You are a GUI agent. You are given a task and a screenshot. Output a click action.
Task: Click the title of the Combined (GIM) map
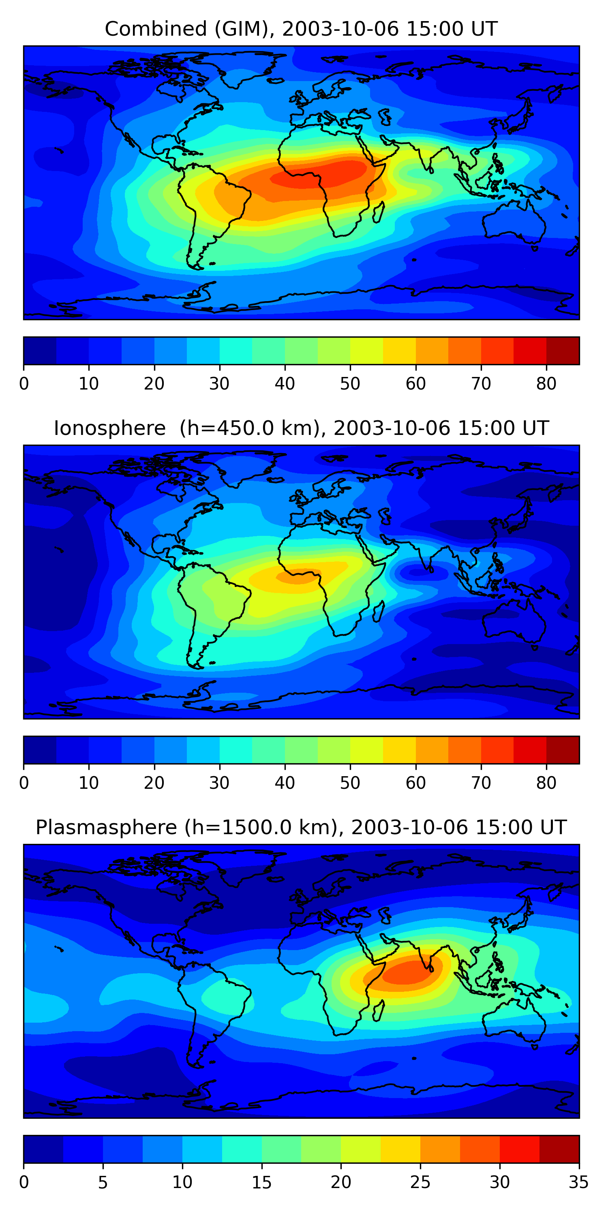(301, 29)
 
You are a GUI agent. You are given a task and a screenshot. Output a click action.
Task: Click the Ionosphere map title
(301, 428)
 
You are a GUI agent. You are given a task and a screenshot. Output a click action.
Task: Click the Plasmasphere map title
(301, 828)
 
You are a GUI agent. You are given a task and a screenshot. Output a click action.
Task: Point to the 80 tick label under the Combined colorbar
(546, 384)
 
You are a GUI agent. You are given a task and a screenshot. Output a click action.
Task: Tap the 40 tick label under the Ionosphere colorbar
(285, 783)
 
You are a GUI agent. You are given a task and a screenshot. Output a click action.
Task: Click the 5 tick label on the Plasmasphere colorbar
(103, 1182)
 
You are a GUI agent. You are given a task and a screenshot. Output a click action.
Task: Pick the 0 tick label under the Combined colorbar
(24, 384)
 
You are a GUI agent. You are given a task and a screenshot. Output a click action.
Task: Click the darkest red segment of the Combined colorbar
(562, 351)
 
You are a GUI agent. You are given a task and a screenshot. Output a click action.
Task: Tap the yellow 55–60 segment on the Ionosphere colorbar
(399, 749)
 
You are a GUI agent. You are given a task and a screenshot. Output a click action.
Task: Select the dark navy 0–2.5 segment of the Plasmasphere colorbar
(43, 1149)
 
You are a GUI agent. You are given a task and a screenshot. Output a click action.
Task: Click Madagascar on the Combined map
(378, 212)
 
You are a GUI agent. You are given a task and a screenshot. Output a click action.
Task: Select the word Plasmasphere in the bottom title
(106, 828)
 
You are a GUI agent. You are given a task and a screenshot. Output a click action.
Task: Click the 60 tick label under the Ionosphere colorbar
(415, 783)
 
